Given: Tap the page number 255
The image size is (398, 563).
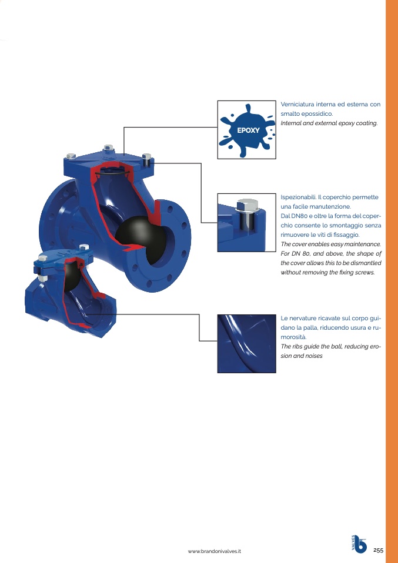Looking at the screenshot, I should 378,550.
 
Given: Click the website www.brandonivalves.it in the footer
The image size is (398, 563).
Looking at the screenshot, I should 215,551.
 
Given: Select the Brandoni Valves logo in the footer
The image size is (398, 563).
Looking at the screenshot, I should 359,545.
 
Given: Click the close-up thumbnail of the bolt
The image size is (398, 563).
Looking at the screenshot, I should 246,222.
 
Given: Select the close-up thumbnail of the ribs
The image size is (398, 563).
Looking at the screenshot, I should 246,343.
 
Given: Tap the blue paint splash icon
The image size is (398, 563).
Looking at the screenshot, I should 246,129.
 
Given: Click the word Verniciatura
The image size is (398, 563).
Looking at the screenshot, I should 300,105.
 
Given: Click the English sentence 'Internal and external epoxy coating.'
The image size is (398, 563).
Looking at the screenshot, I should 329,123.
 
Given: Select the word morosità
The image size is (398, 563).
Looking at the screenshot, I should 293,337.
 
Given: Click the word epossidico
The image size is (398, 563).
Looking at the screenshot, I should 317,114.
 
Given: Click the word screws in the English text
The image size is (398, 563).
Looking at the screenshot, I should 363,272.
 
